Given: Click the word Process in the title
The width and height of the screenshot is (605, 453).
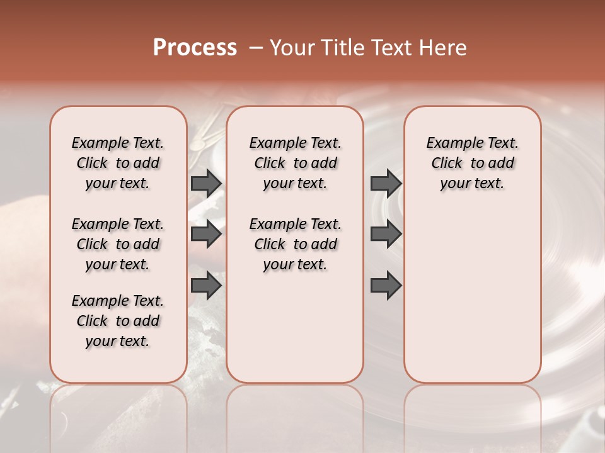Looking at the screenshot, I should tap(195, 48).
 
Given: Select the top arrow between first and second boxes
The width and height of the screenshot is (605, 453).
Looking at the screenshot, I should tap(206, 183).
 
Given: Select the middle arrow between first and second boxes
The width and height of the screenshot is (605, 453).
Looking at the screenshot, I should tap(206, 235).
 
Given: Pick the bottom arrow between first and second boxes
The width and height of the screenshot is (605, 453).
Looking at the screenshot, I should tap(206, 286).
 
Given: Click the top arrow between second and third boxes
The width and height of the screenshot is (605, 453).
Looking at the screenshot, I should tap(386, 183).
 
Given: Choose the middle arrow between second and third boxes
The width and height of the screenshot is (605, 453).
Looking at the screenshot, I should tap(386, 235).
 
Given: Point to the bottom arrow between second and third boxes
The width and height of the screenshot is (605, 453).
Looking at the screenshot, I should tap(386, 286).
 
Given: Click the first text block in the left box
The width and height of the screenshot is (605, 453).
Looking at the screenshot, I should tap(118, 163).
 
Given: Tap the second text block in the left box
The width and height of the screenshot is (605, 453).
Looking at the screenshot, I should tap(118, 244).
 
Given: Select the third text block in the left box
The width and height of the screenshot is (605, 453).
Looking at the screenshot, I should tap(118, 321).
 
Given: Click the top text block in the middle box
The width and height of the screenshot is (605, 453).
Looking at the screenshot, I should tap(295, 163).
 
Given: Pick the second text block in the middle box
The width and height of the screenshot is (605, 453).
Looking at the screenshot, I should tap(295, 244).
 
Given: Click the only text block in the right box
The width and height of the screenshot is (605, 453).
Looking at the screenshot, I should tap(472, 163).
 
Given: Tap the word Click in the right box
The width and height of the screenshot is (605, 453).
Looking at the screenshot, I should tap(447, 164).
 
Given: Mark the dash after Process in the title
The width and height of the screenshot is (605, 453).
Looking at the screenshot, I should tap(255, 48).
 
